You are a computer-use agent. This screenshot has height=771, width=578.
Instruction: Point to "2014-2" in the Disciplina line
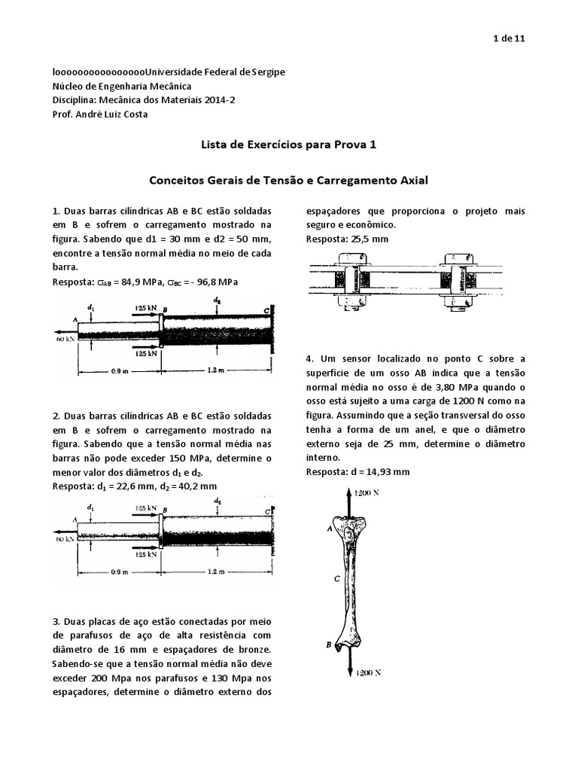coord(213,99)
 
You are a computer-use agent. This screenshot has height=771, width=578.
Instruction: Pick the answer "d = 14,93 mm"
coord(381,472)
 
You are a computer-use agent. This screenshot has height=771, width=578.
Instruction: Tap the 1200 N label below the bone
coord(367,672)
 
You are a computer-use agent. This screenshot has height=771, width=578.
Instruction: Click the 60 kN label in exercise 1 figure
coord(63,338)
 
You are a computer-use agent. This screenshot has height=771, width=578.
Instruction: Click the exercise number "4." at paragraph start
coord(310,358)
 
